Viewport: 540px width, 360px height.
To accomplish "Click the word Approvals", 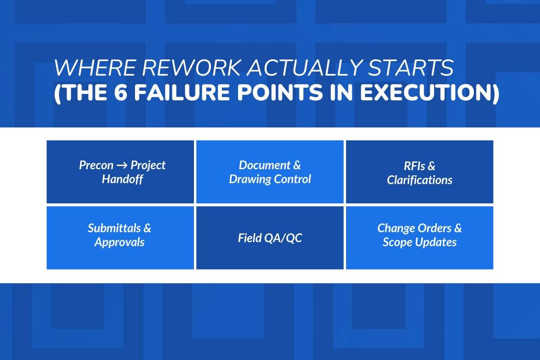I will click(119, 243).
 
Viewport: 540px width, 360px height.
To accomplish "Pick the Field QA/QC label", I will click(270, 238).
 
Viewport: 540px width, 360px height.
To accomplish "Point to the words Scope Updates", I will click(419, 243).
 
